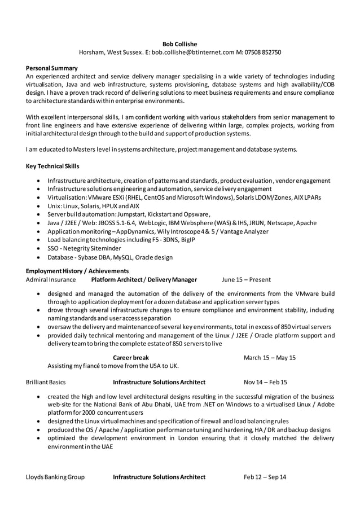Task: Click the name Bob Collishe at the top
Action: [x=179, y=43]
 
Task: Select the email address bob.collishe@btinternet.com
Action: [x=189, y=52]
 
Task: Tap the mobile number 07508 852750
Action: [x=262, y=52]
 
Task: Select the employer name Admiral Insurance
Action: [x=51, y=279]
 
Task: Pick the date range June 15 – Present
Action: [x=246, y=279]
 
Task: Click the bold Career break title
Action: [x=131, y=357]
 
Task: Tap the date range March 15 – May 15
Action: [x=270, y=357]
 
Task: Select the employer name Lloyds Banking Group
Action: [x=55, y=477]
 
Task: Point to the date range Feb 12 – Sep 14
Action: [x=265, y=477]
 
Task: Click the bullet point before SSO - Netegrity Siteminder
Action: [x=37, y=249]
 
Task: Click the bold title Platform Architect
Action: [x=116, y=279]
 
